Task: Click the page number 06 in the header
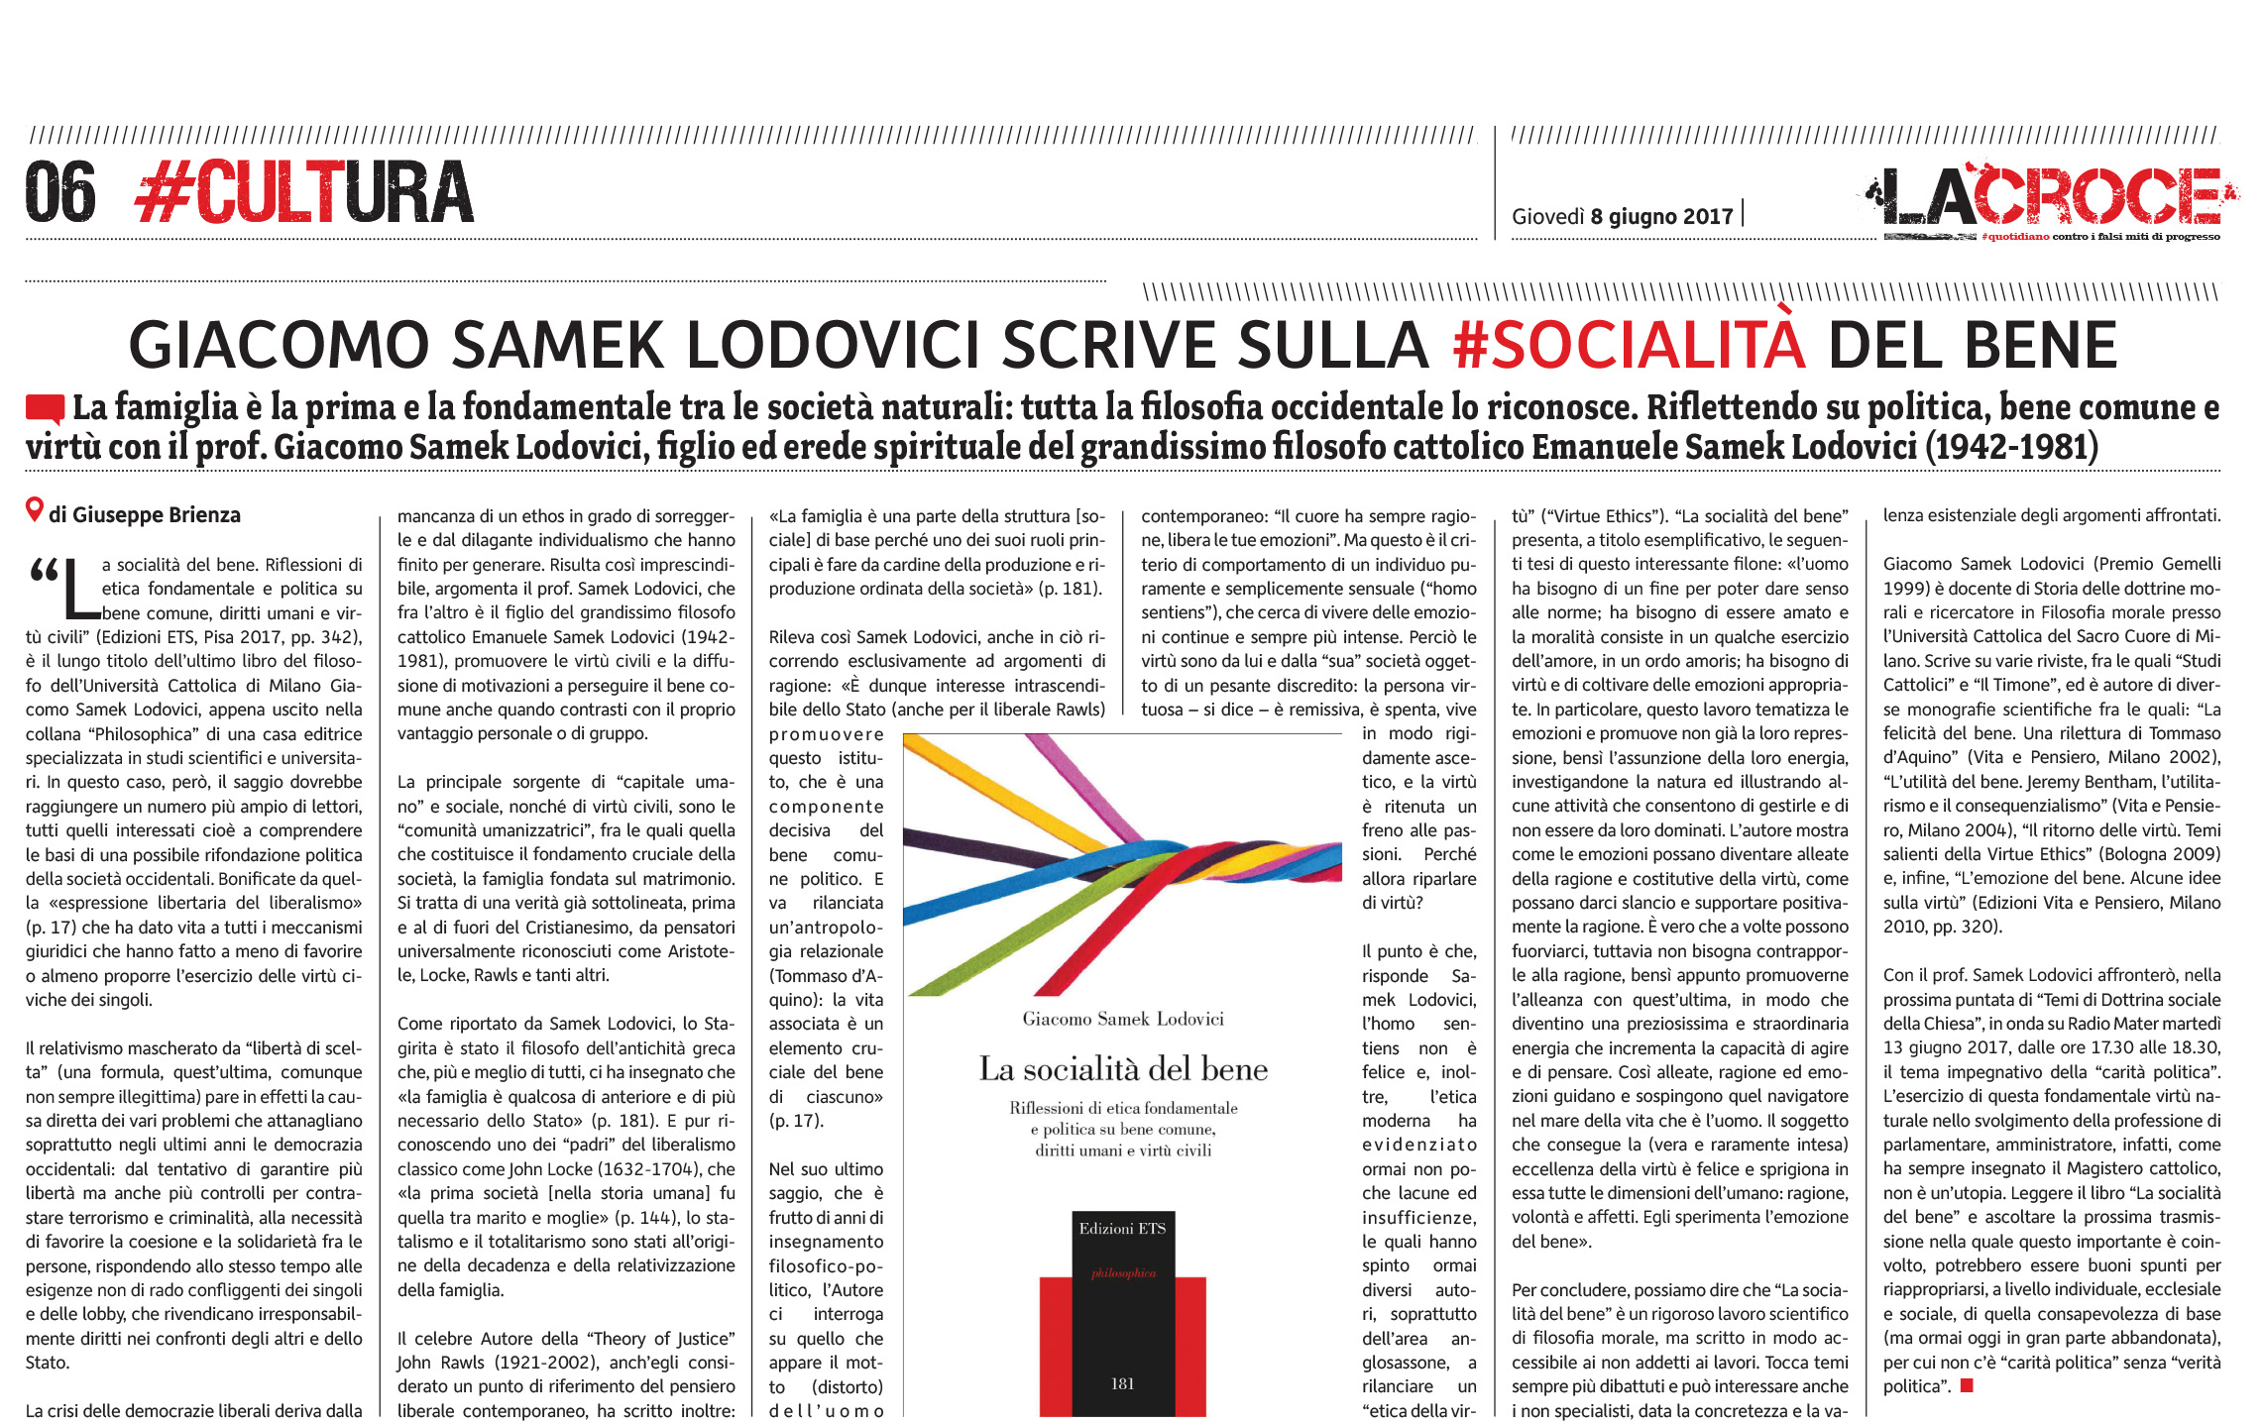point(60,193)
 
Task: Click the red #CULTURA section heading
point(304,193)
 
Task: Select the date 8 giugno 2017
point(1661,216)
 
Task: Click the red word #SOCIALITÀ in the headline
point(1629,345)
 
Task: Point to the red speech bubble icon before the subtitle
point(45,408)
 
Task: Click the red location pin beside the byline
point(35,510)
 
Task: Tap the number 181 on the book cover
point(1122,1383)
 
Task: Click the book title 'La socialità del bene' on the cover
point(1123,1068)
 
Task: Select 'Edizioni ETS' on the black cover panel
point(1122,1229)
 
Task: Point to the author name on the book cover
point(1123,1019)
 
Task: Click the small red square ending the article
point(1967,1386)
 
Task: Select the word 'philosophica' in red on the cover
point(1123,1273)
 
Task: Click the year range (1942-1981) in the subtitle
point(2011,448)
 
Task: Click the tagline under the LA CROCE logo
point(2099,237)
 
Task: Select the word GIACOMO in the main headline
point(278,345)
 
